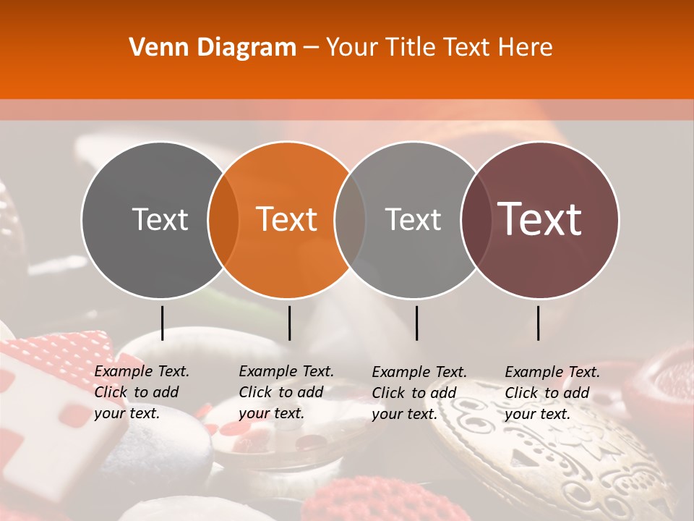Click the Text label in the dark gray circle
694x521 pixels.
[x=160, y=219]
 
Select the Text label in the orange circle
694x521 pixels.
[x=286, y=219]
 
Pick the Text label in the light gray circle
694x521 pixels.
[x=413, y=219]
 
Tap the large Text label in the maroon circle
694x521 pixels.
[x=540, y=219]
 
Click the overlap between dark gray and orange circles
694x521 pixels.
[x=223, y=219]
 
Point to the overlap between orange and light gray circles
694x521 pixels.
[x=350, y=219]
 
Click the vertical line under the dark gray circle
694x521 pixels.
[x=162, y=323]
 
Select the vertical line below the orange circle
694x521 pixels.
[x=289, y=323]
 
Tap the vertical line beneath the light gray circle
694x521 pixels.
[x=416, y=323]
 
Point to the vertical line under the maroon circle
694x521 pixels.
[x=538, y=323]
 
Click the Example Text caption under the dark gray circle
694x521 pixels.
[x=141, y=392]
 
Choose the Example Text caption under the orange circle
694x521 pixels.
[x=286, y=392]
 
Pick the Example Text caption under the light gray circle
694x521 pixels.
[x=419, y=393]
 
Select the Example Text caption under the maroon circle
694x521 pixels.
[x=552, y=393]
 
